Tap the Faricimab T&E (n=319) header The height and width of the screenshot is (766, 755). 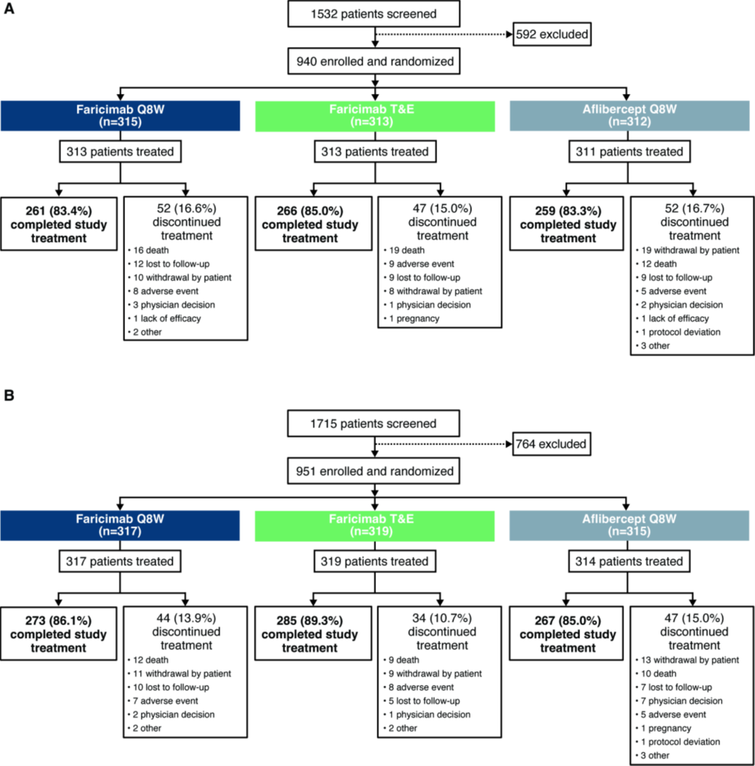coord(373,525)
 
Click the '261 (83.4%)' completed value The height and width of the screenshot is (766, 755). coord(59,211)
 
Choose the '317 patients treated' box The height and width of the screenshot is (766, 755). coord(119,562)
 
